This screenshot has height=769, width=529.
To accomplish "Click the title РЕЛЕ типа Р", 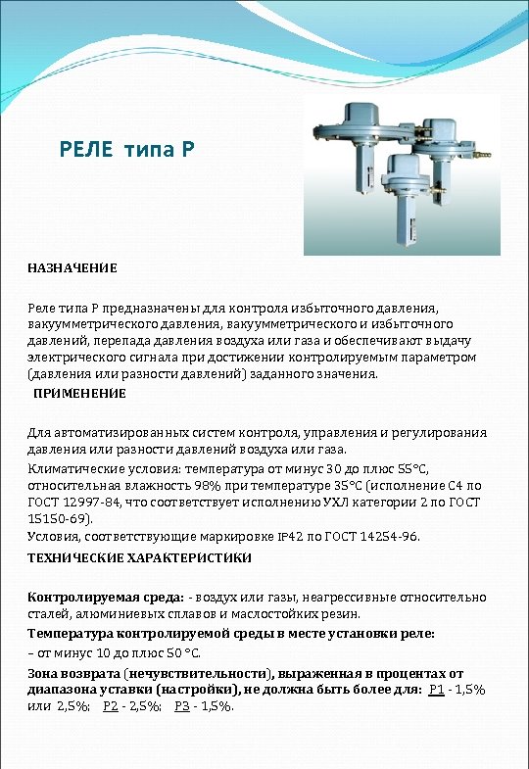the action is point(127,151).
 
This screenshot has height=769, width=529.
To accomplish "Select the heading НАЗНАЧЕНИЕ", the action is point(72,267).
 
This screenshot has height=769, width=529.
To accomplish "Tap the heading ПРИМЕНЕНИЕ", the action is point(80,393).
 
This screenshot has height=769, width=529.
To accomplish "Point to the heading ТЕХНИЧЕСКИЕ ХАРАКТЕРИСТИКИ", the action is point(139,557).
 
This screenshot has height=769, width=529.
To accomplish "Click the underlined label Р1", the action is point(438,689).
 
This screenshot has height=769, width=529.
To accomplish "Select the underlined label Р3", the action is point(182,705).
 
